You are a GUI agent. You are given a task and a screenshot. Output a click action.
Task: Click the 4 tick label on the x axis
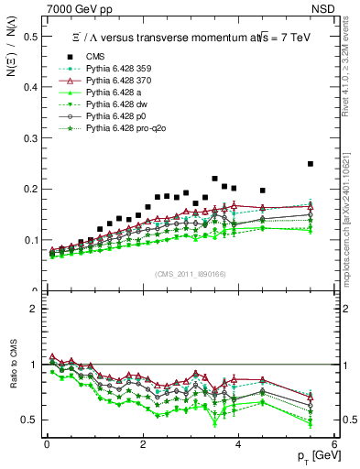point(238,444)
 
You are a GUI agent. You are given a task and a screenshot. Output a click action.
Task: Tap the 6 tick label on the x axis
point(334,444)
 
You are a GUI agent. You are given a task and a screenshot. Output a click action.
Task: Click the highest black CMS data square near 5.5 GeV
point(311,164)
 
